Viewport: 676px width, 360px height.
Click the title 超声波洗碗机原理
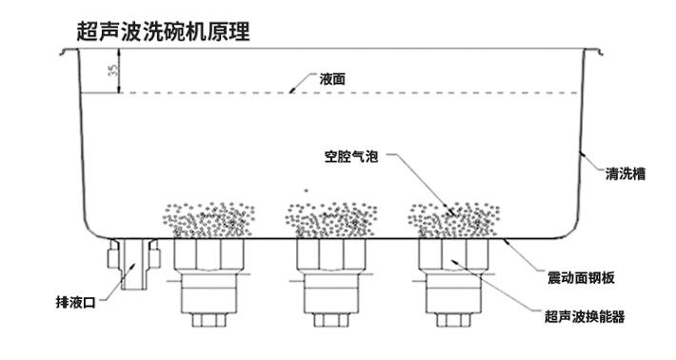click(x=163, y=30)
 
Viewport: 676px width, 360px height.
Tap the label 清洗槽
click(x=626, y=173)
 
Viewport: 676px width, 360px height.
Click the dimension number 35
click(x=112, y=71)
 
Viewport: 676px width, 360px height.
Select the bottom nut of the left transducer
click(x=207, y=319)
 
